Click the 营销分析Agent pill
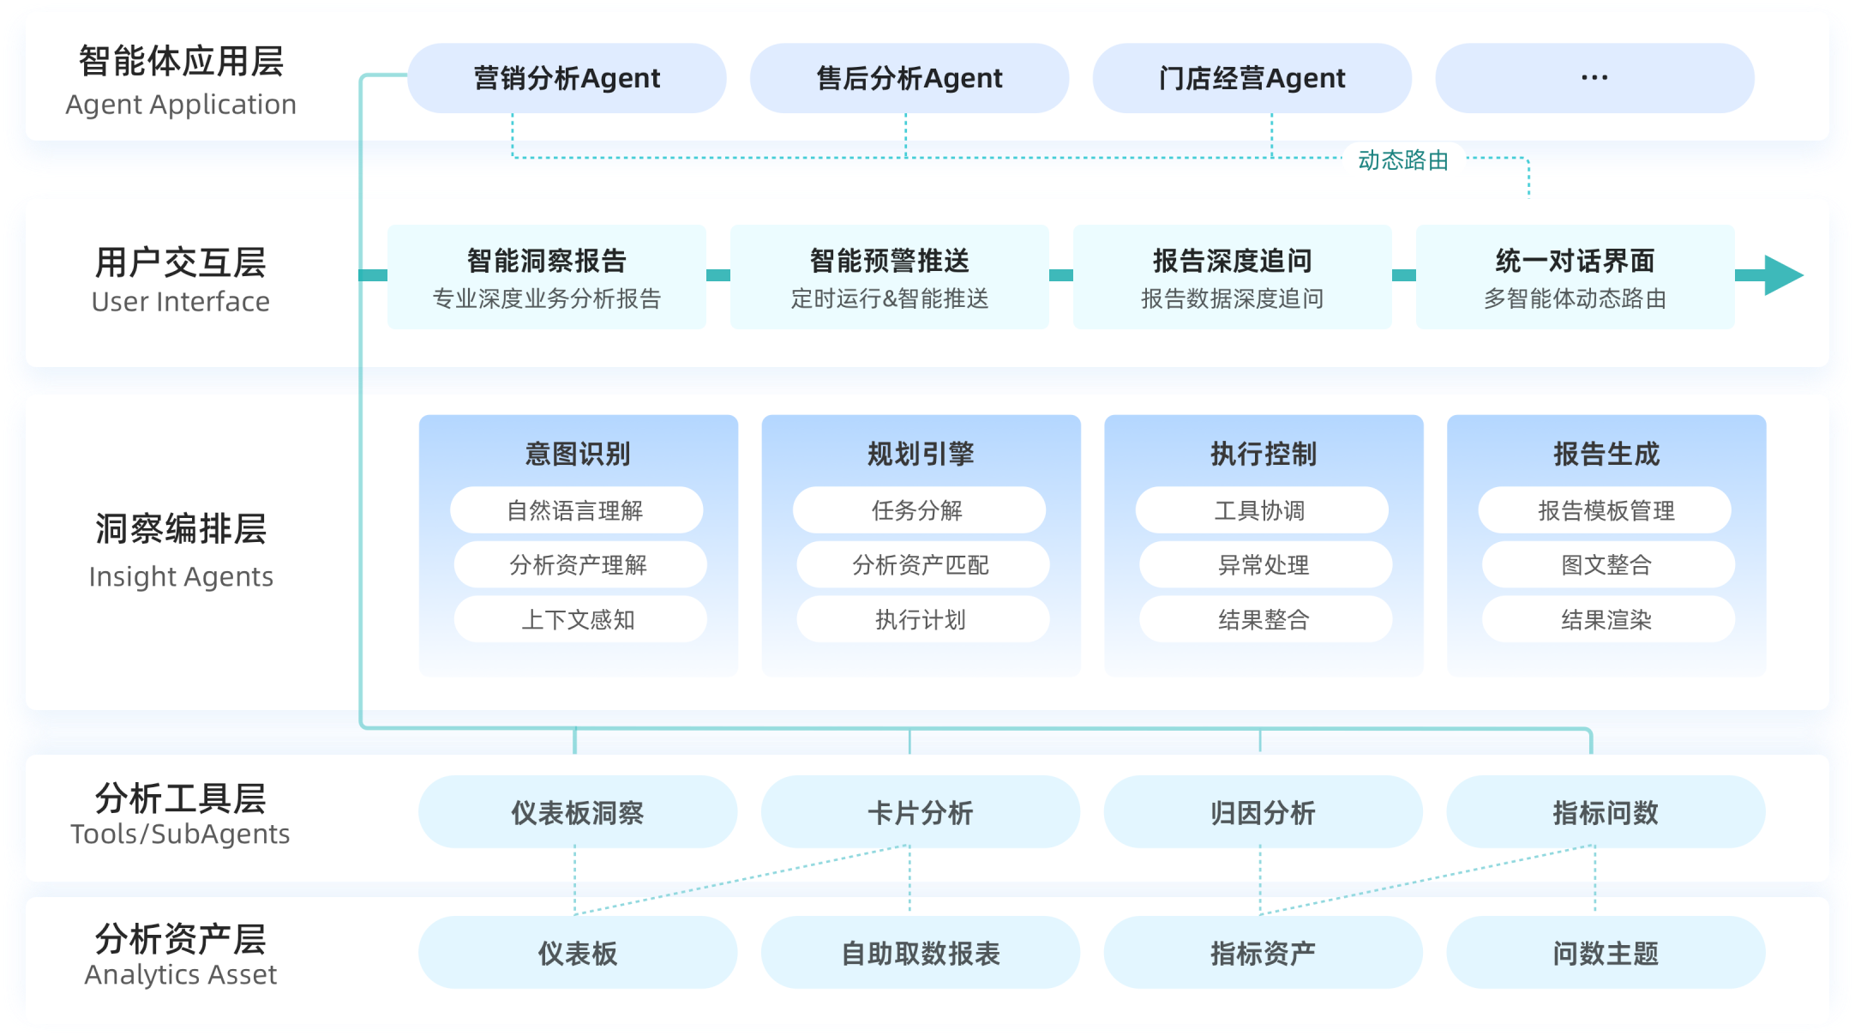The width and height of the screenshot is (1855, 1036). tap(567, 78)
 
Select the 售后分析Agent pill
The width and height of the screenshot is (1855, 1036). tap(909, 78)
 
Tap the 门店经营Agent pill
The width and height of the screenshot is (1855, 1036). tap(1252, 78)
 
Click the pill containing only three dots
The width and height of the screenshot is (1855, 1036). tap(1594, 78)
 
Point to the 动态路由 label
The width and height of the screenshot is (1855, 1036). tap(1403, 160)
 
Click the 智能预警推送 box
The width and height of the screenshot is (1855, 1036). tap(889, 276)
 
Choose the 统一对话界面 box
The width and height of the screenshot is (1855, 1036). tap(1575, 276)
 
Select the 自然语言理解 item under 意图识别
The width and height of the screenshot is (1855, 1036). tap(576, 510)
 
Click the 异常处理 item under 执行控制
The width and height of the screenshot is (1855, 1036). tap(1264, 564)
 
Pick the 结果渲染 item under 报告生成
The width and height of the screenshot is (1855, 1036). tap(1607, 619)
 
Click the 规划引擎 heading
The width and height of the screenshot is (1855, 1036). tap(921, 454)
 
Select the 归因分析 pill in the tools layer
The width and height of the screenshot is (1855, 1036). tap(1263, 812)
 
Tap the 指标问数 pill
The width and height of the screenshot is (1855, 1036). tap(1606, 812)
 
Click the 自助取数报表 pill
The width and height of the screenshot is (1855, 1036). tap(921, 953)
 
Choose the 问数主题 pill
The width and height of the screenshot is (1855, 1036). tap(1606, 953)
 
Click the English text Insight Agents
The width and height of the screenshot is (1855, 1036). tap(181, 576)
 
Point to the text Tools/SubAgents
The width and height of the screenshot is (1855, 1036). tap(180, 834)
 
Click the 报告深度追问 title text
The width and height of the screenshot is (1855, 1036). tap(1232, 260)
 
